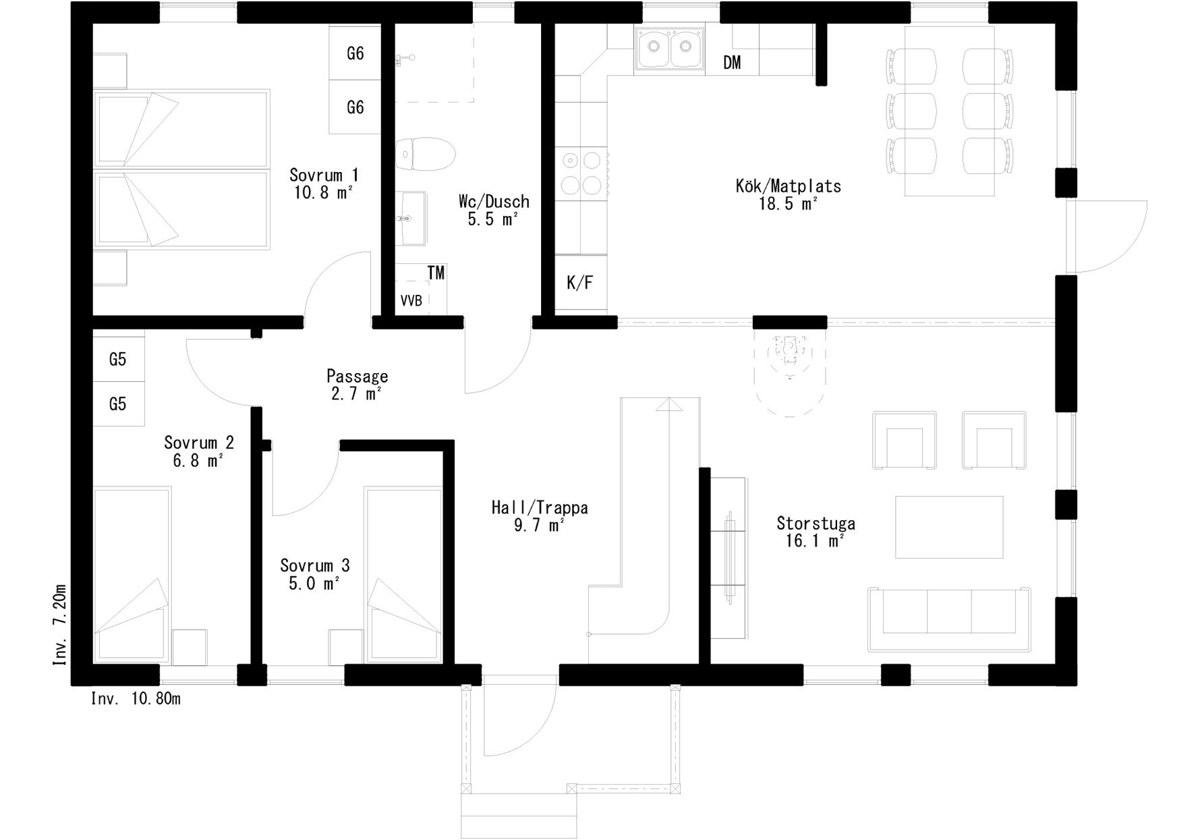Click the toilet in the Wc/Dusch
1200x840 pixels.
tap(425, 154)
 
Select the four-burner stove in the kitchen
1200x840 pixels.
tap(581, 173)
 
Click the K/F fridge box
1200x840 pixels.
tap(580, 283)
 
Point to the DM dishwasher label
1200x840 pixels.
tap(732, 63)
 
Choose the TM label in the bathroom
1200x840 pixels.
tap(436, 273)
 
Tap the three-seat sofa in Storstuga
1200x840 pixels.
tap(949, 619)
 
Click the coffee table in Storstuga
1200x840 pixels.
tap(949, 527)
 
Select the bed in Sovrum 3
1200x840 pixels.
tap(403, 573)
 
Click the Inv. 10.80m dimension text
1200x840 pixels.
tap(136, 699)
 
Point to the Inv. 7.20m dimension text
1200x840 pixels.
tap(59, 624)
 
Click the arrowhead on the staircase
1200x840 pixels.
tap(668, 405)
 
